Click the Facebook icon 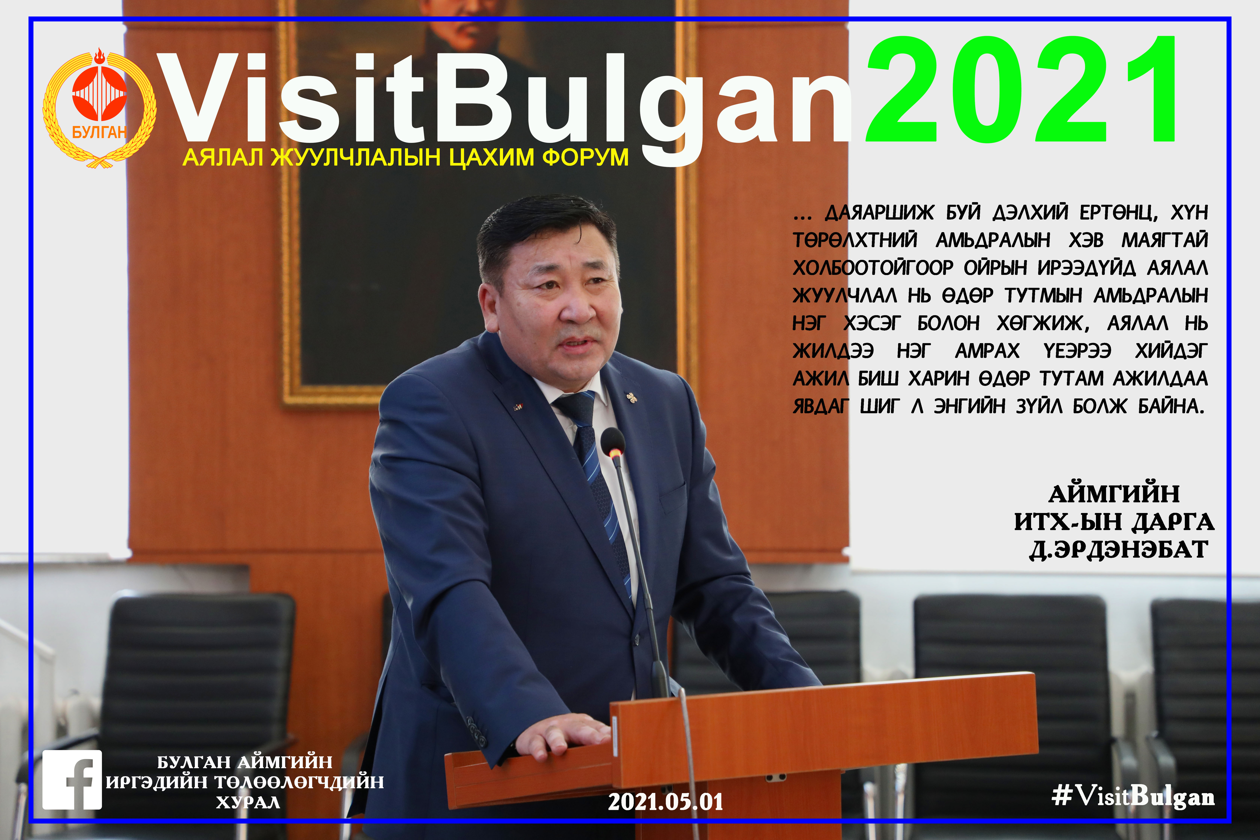coord(72,779)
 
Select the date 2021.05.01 coord(665,802)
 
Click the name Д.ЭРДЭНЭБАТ coord(1119,550)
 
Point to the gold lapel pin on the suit coord(632,397)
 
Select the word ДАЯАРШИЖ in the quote coord(879,213)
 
